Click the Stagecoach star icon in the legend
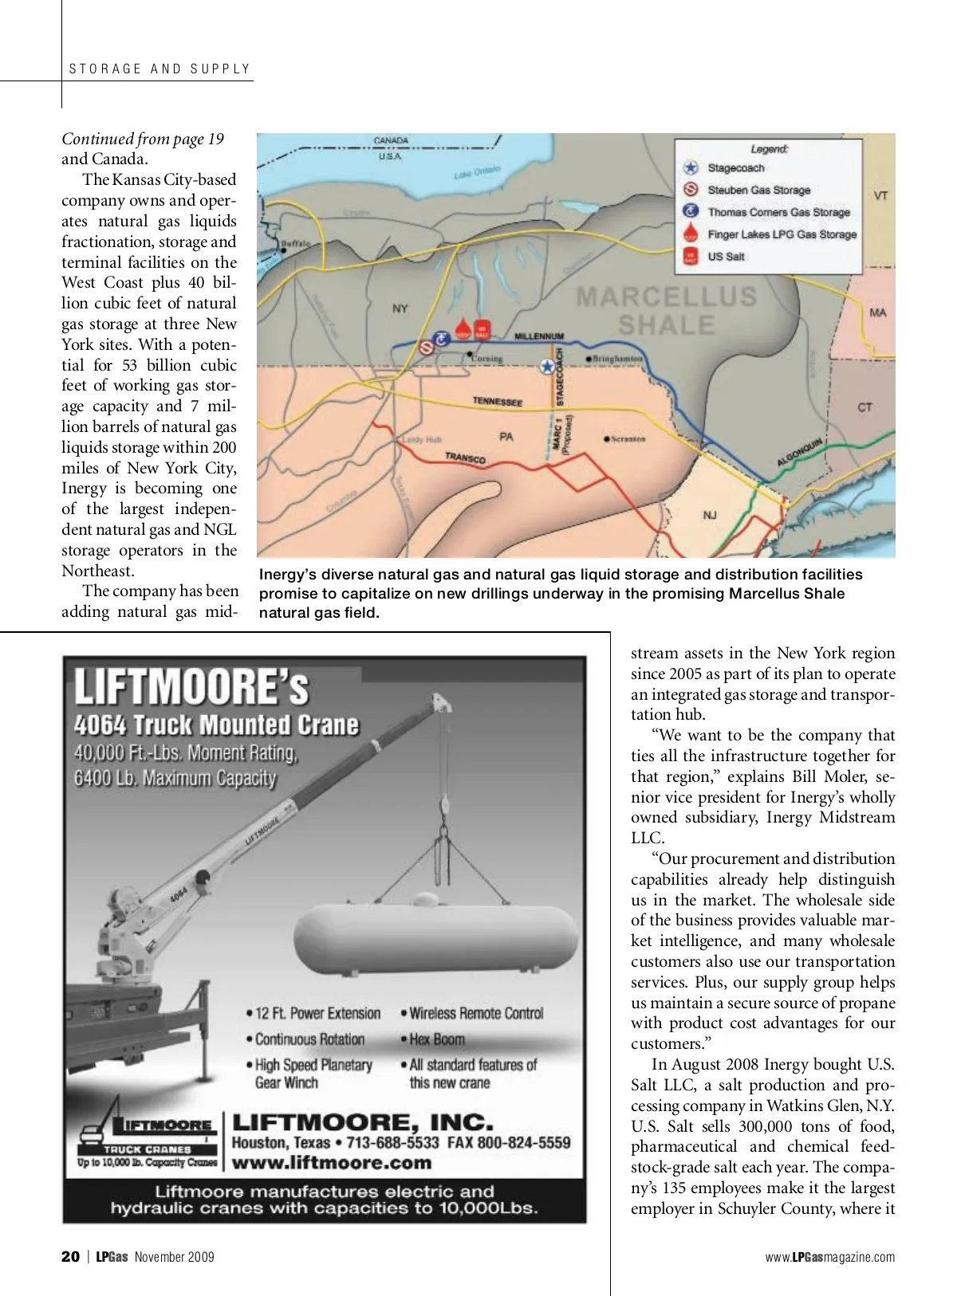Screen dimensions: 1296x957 (691, 168)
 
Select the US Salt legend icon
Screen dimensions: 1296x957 (691, 257)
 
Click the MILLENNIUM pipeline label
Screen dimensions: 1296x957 (539, 336)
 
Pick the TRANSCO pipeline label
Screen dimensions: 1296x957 (465, 458)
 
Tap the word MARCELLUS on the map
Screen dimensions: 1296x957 (667, 297)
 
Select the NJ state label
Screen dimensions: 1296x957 (710, 516)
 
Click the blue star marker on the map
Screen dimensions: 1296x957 (547, 367)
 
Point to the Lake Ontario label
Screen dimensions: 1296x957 (477, 171)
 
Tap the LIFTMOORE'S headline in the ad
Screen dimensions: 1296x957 (191, 687)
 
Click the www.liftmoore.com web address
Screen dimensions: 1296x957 (331, 1162)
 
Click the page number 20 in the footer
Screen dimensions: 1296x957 (70, 1257)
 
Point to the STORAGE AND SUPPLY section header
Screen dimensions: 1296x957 (159, 69)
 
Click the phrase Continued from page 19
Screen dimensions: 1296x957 (143, 139)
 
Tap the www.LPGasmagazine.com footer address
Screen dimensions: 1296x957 (829, 1257)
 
